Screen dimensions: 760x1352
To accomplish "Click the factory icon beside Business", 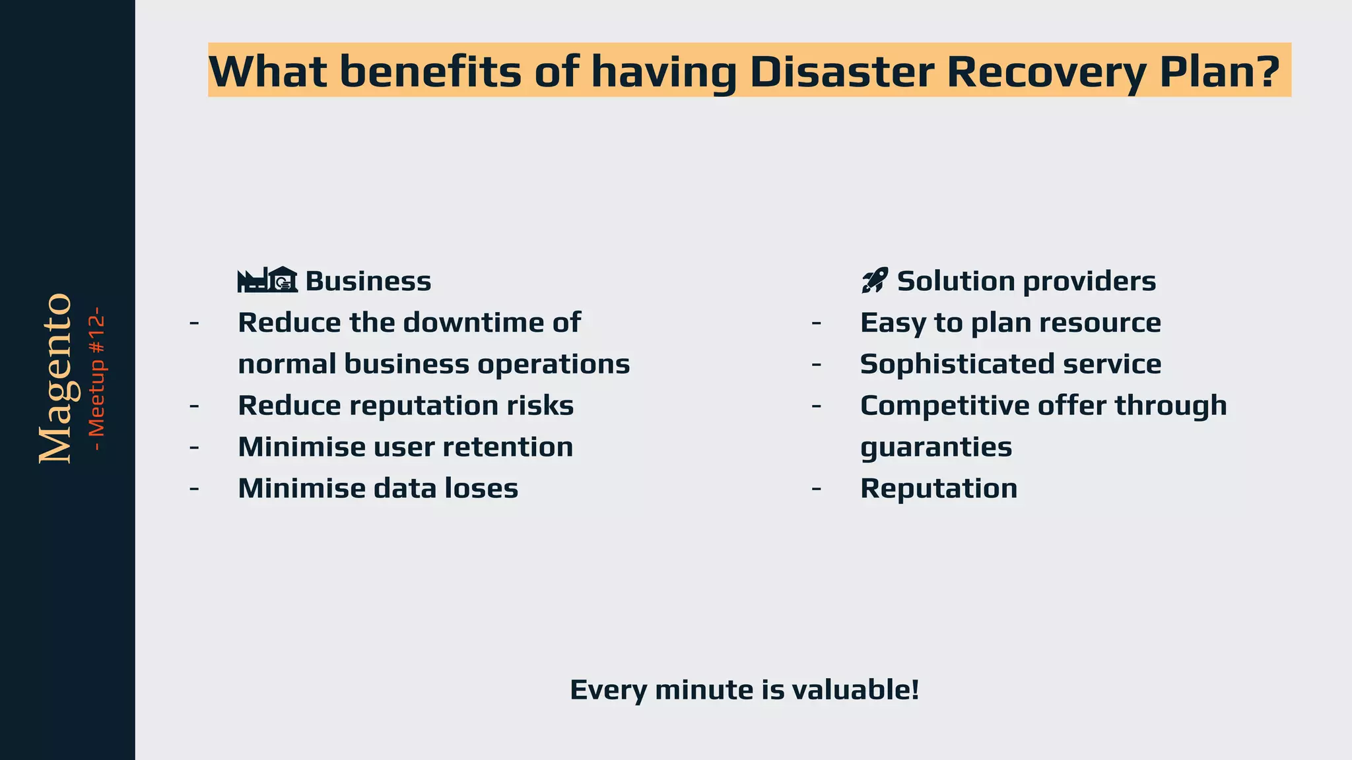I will (x=267, y=280).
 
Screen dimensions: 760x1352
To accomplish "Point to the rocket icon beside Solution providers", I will (x=875, y=280).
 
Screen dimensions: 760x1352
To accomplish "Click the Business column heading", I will (x=368, y=282).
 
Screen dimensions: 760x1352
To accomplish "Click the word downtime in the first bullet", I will (x=468, y=323).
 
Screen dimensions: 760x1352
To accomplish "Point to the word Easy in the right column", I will (x=891, y=323).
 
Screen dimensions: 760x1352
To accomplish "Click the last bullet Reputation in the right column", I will (x=938, y=489).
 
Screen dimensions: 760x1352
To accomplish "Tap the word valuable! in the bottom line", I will (x=855, y=690).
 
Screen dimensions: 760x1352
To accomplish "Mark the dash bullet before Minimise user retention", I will (x=194, y=447).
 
